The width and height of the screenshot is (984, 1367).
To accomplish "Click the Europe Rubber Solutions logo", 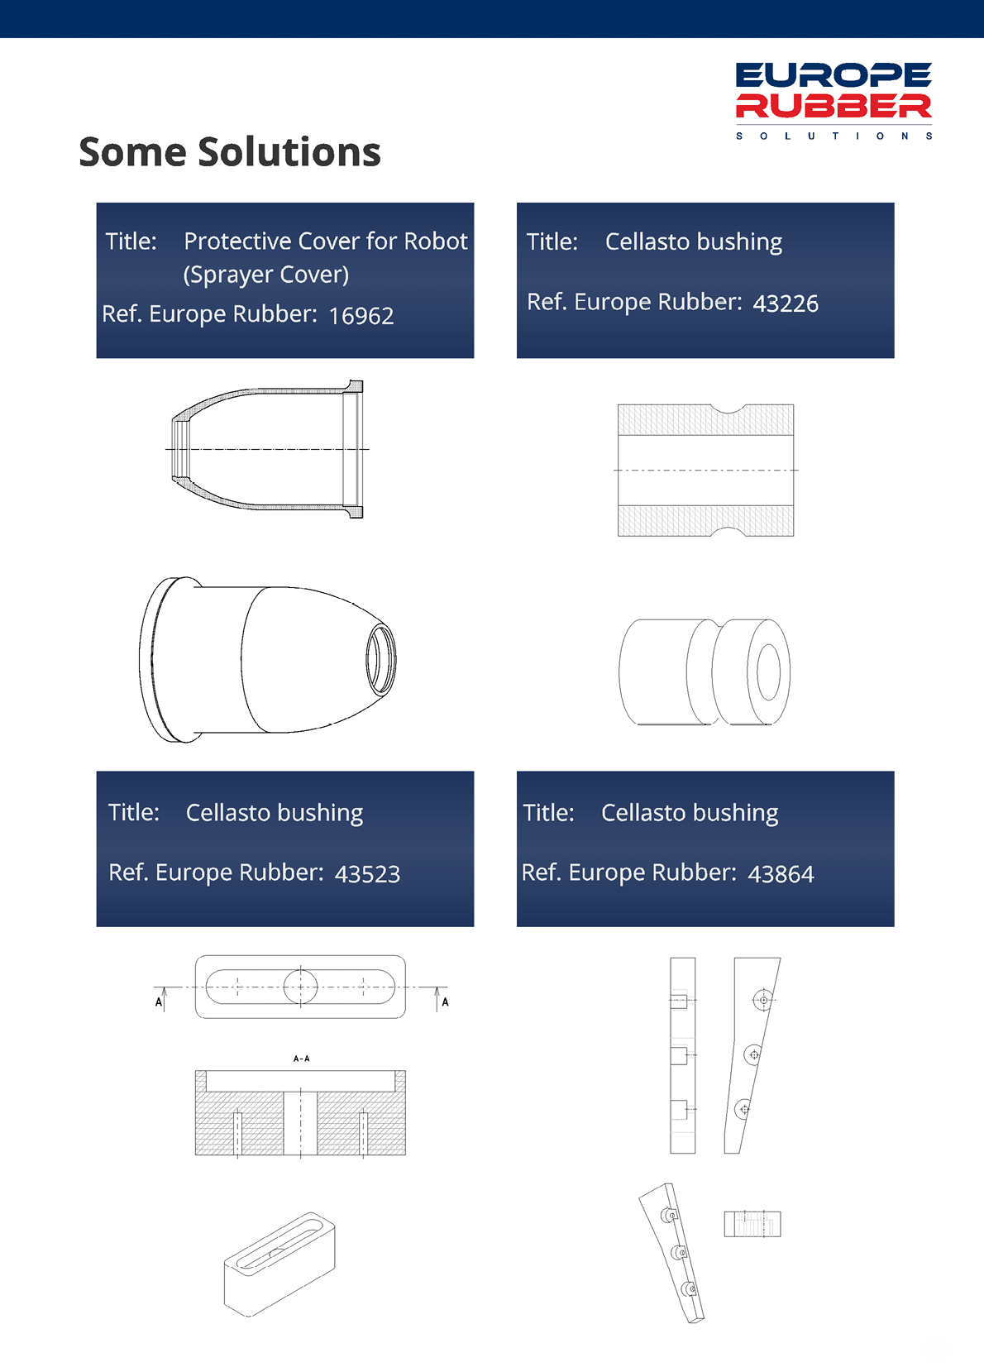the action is tap(834, 101).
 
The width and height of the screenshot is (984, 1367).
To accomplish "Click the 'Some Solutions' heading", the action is tap(230, 151).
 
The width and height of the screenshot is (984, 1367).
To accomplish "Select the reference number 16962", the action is tap(361, 316).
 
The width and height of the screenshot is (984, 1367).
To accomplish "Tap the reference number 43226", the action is tap(786, 304).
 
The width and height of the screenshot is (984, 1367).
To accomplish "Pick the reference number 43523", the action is tap(367, 874).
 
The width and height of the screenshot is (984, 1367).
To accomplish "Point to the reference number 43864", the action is tap(781, 874).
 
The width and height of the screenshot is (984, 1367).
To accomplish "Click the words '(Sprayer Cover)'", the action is tap(266, 275).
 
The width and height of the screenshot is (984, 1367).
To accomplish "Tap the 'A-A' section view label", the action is tap(301, 1059).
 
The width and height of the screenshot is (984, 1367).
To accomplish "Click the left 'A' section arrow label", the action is tap(159, 1002).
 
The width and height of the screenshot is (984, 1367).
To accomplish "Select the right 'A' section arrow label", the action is tap(446, 1002).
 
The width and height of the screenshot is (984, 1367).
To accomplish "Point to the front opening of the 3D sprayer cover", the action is tap(381, 659).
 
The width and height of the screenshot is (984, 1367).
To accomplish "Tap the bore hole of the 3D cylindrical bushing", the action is tap(769, 672).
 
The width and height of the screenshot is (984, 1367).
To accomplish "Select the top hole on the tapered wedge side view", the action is tap(763, 1000).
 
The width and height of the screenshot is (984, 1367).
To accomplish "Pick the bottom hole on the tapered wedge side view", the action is tap(743, 1109).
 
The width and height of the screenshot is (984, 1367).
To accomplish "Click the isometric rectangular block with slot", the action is tap(279, 1264).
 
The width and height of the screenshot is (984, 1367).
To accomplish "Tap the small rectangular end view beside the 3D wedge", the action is tap(752, 1224).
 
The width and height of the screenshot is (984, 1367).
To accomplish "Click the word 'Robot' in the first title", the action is tap(436, 241).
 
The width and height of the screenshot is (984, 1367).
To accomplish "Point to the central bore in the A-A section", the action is tap(300, 1123).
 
